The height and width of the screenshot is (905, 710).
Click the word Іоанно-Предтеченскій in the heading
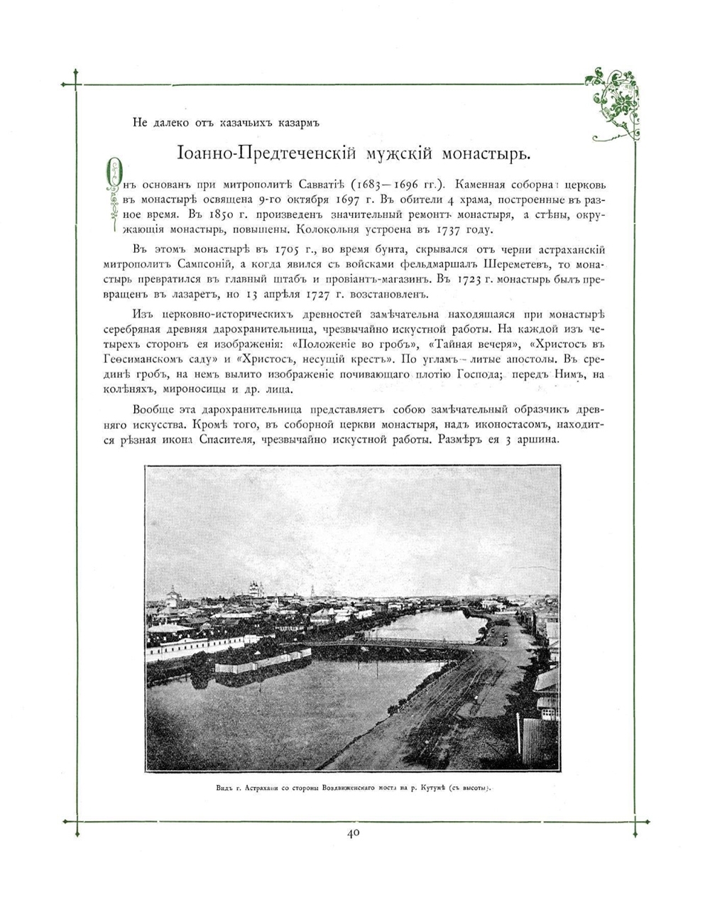click(266, 154)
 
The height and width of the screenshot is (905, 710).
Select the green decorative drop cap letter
click(110, 193)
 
